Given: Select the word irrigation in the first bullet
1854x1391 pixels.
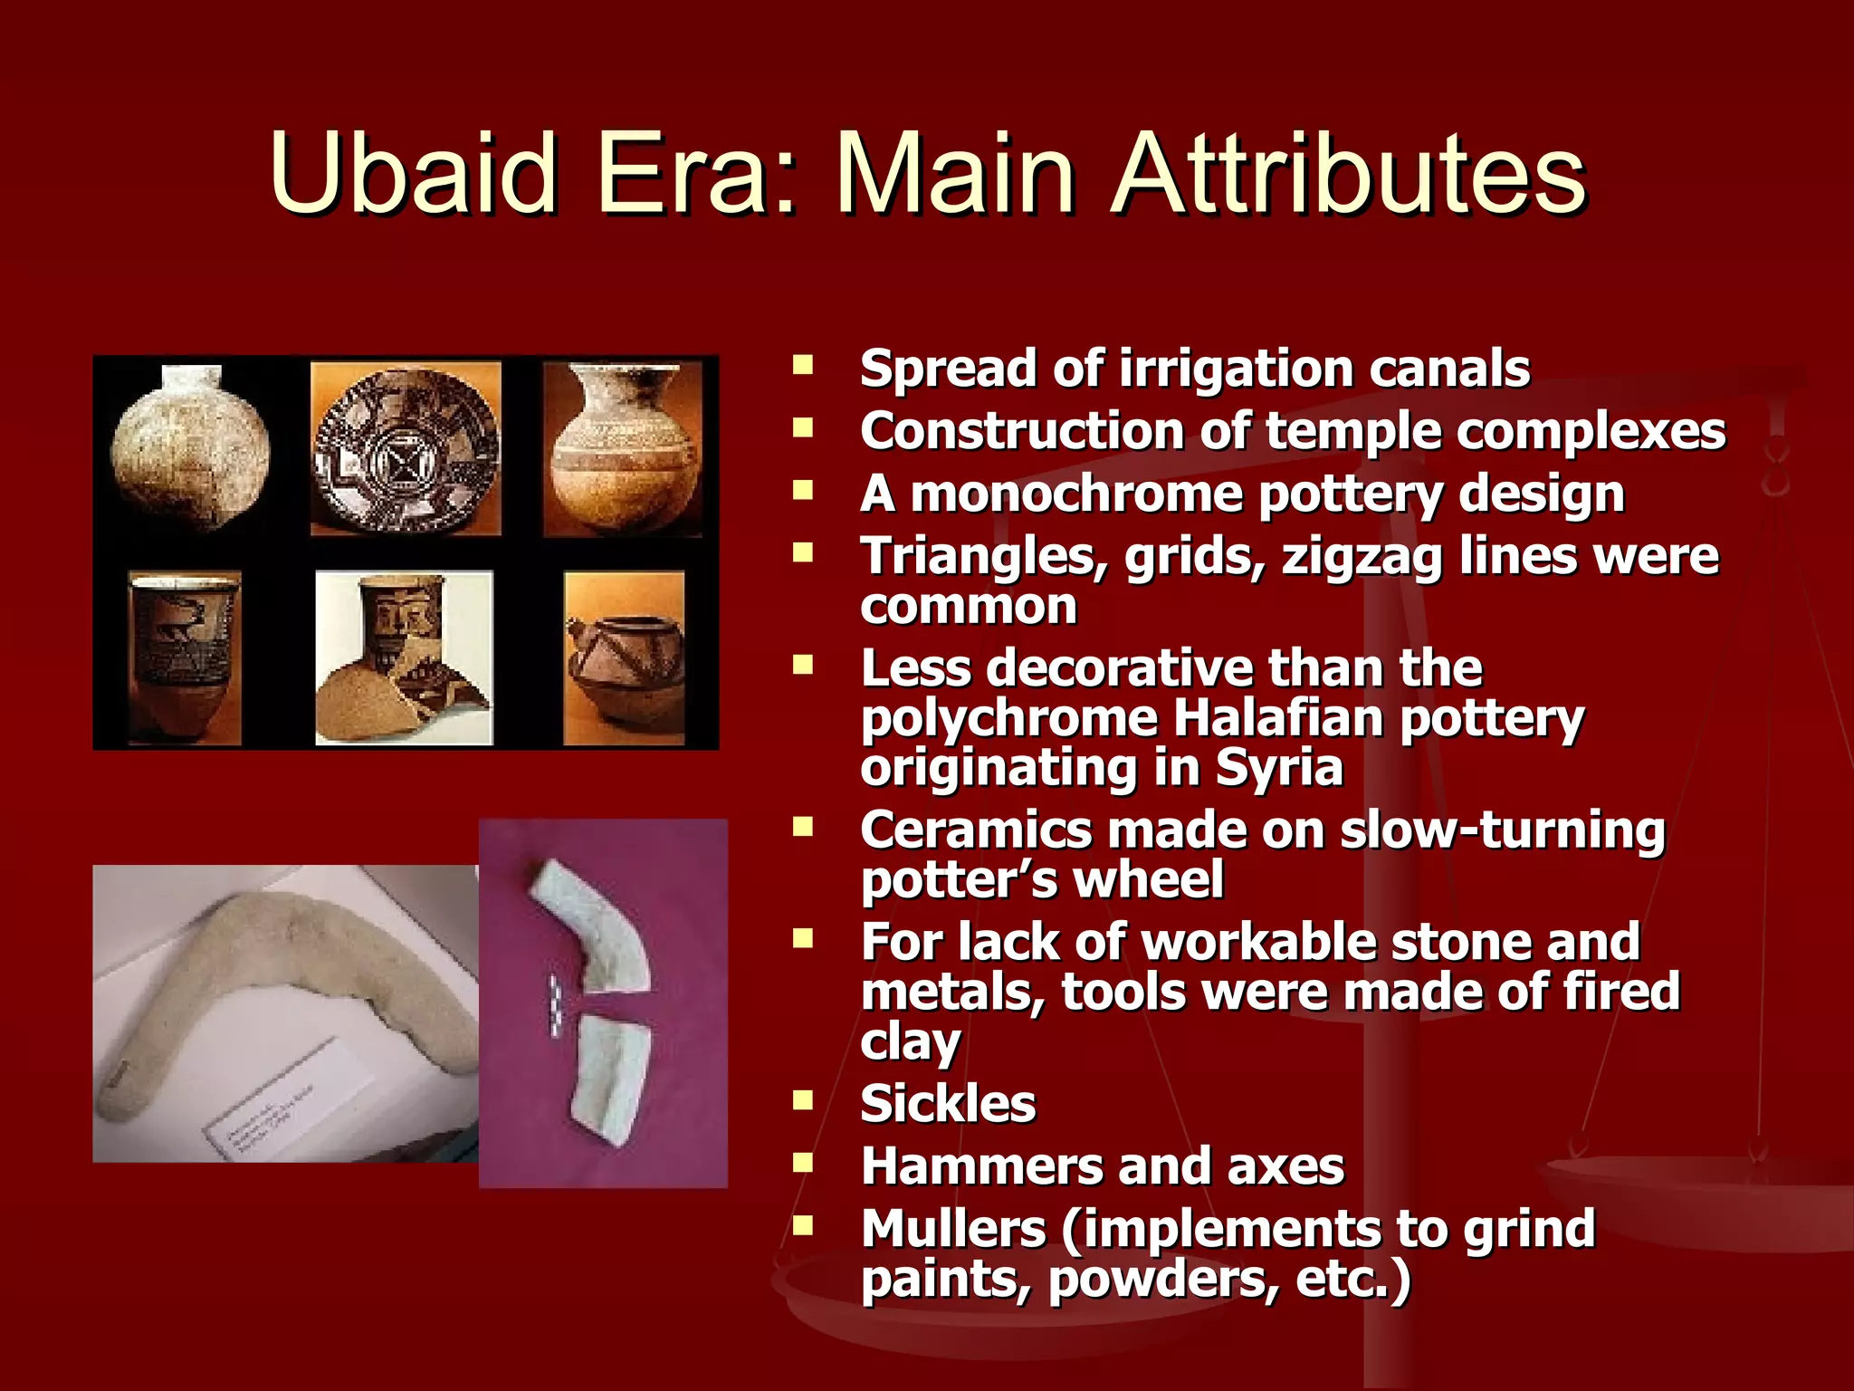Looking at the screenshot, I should pos(1237,369).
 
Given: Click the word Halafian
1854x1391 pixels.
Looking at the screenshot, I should pos(1278,719).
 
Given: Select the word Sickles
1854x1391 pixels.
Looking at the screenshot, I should pos(948,1104).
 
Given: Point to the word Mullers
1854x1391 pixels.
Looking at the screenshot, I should pos(953,1230).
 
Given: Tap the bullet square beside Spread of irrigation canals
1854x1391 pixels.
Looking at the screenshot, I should pos(802,366).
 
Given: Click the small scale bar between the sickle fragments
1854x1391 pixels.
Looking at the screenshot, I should pos(555,1005).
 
